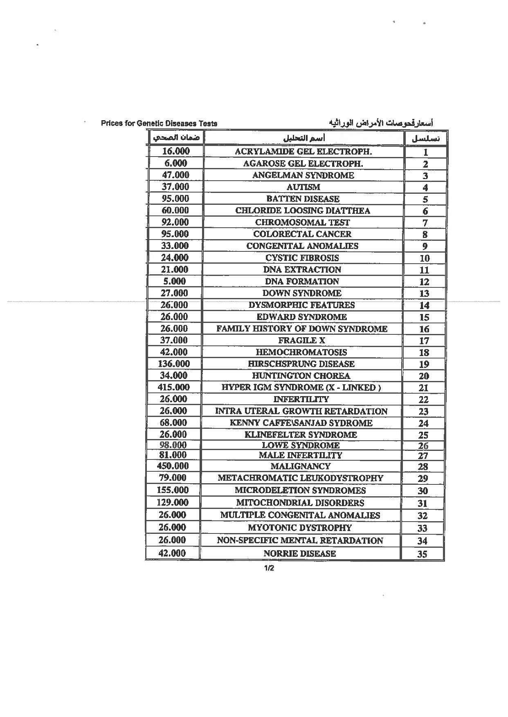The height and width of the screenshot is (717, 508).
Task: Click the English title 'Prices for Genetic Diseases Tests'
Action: [159, 123]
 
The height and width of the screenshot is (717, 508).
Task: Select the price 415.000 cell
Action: [173, 387]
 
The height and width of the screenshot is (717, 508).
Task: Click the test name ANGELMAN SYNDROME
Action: [303, 175]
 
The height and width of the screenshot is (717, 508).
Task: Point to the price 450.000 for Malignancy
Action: [173, 466]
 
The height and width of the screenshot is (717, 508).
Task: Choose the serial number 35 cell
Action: [422, 554]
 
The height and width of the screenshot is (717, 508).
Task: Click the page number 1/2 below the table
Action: [269, 568]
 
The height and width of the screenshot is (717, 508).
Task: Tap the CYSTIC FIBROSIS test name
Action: [302, 258]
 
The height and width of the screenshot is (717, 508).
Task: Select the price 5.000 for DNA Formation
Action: [175, 281]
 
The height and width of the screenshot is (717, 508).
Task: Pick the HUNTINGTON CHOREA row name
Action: [301, 376]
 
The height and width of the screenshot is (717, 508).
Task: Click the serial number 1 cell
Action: [425, 152]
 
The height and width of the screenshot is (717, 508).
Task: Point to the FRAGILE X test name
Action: [302, 341]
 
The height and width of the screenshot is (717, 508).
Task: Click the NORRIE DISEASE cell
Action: [300, 553]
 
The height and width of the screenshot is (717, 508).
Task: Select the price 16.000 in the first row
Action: [176, 151]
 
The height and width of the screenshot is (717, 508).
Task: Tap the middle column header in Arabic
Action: [304, 138]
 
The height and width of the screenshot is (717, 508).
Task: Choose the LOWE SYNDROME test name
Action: [301, 445]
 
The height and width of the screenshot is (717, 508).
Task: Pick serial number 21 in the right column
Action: [423, 388]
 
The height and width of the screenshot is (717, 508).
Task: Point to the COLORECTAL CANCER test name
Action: [302, 234]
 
